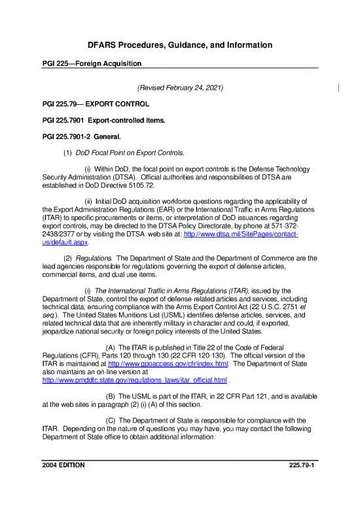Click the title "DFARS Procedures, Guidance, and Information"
[180, 45]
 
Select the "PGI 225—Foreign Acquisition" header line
[92, 63]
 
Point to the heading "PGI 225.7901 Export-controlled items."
[104, 121]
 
